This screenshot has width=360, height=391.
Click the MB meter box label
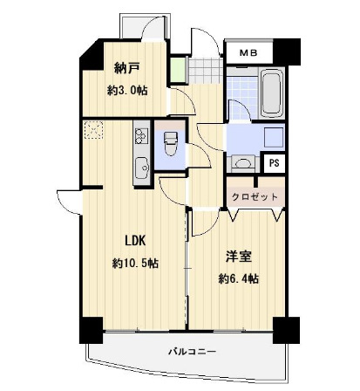pos(248,53)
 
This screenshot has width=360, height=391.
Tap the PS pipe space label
pos(274,163)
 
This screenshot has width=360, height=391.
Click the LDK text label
pos(135,241)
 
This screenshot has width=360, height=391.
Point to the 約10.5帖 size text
pos(135,264)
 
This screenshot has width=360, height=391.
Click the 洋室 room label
pos(239,257)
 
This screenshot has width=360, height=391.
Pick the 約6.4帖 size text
pos(239,279)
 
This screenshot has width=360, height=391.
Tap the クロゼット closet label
pos(255,197)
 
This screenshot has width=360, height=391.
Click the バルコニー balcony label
pos(193,352)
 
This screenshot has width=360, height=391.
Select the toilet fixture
pos(171,143)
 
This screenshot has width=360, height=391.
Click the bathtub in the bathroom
pos(271,93)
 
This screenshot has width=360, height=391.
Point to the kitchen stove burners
pos(141,136)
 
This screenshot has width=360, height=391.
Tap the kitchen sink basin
pos(142,168)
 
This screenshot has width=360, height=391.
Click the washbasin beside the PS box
pos(243,163)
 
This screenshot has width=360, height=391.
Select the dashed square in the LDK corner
pos(93,130)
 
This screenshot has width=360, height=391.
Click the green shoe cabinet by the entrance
pos(178,70)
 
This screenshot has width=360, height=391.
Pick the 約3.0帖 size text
pos(127,91)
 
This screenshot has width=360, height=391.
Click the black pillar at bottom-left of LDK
pos(91,331)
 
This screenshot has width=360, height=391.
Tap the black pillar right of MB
pos(287,51)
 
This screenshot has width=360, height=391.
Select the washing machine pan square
pos(274,138)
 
